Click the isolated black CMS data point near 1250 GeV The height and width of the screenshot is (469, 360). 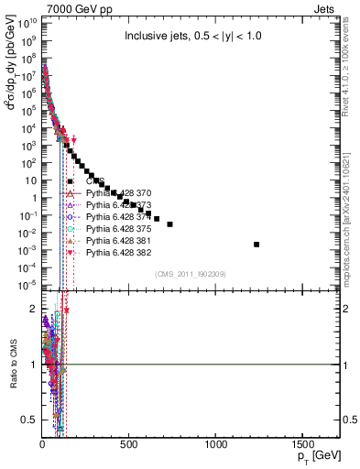coord(256,244)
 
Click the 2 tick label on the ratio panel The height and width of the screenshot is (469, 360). coord(33,309)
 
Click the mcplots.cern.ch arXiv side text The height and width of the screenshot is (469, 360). coord(351,202)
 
